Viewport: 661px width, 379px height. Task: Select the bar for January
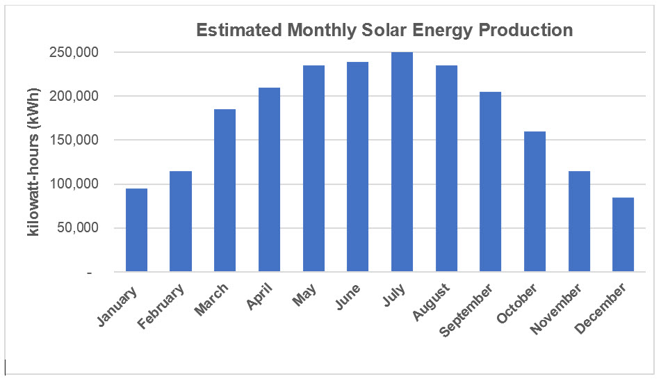(x=136, y=229)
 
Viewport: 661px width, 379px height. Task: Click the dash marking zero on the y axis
(x=88, y=273)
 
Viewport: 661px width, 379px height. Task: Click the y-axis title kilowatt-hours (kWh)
(x=33, y=162)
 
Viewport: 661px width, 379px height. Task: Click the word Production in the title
(x=530, y=31)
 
